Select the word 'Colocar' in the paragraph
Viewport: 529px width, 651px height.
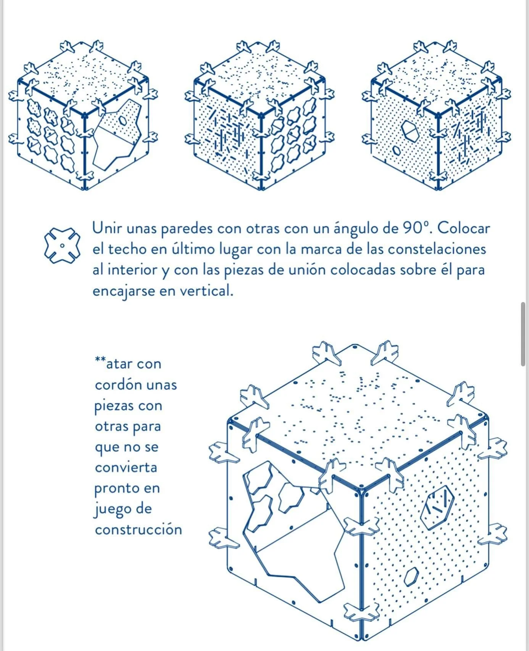464,228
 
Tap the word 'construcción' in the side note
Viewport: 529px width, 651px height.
138,529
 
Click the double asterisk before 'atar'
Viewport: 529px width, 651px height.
100,360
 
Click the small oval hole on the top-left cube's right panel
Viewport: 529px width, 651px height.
123,121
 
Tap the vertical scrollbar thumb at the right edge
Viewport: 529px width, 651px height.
523,334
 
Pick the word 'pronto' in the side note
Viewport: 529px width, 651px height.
116,488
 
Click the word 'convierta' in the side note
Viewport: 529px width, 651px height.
126,468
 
